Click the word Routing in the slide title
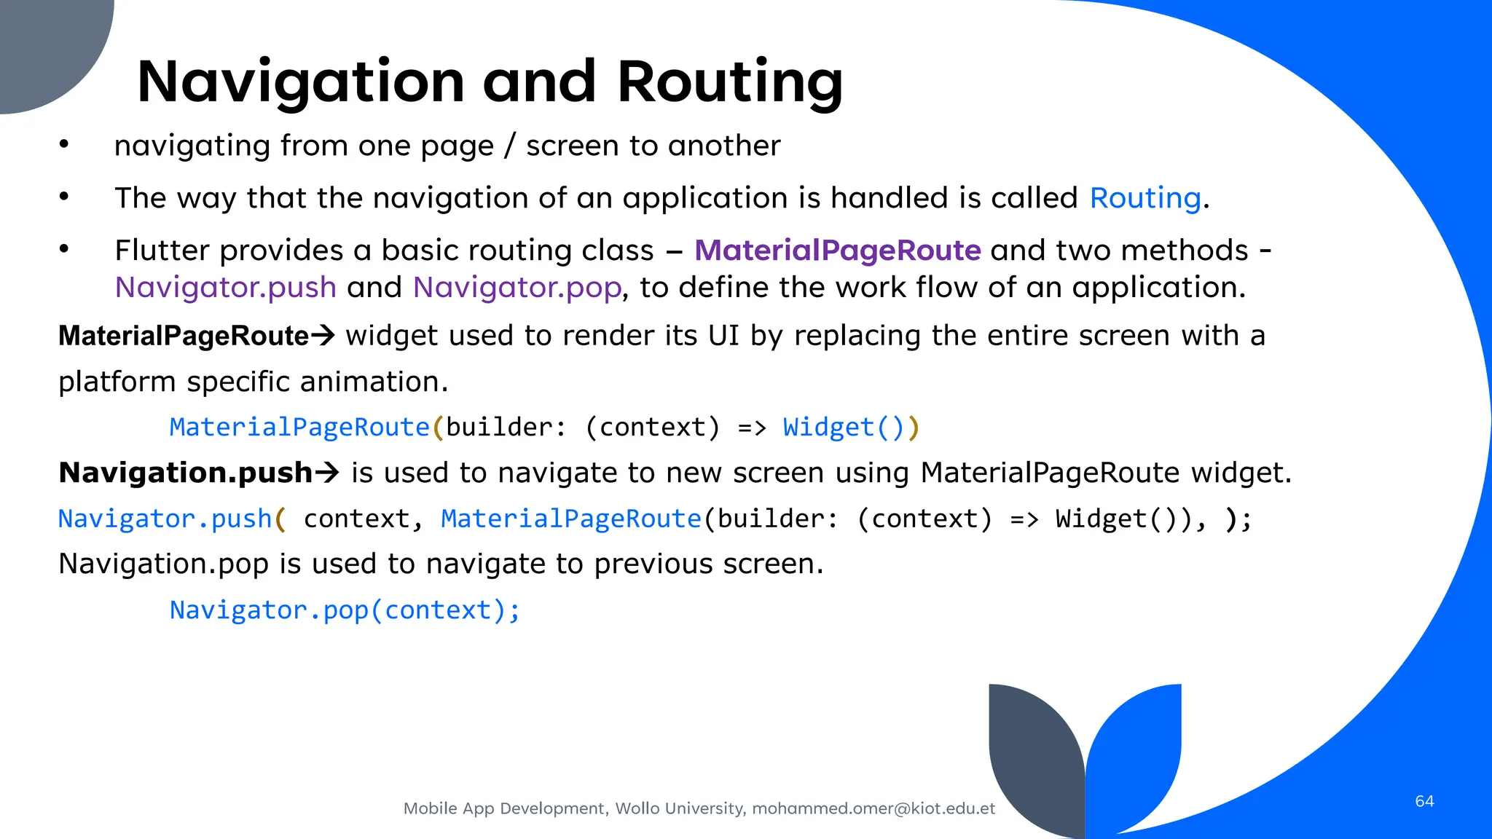(x=730, y=82)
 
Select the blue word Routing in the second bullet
(x=1145, y=198)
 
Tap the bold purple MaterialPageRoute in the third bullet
(x=838, y=251)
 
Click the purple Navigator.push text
(x=226, y=288)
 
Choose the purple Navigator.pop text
(x=517, y=288)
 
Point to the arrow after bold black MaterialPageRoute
(x=323, y=336)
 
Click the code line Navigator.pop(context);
(x=345, y=610)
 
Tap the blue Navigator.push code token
(x=165, y=519)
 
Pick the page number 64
(x=1424, y=801)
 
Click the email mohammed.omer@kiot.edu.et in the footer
(x=873, y=808)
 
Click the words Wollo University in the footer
(x=680, y=808)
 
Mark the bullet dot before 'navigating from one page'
(x=64, y=144)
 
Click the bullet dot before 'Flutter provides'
(x=64, y=249)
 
